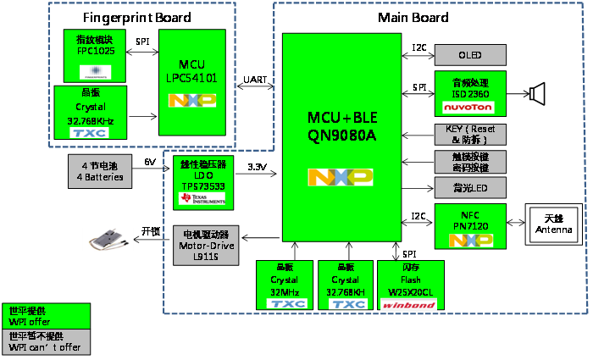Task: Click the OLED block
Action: click(469, 55)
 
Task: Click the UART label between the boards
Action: click(254, 80)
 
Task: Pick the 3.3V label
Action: click(258, 166)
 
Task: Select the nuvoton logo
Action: click(469, 108)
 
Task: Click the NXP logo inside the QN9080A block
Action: click(341, 177)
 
